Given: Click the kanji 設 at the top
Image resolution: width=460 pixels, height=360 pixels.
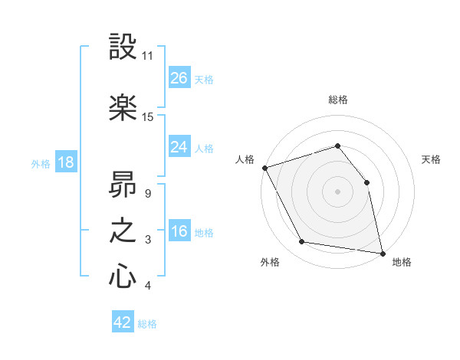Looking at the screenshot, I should coord(123,47).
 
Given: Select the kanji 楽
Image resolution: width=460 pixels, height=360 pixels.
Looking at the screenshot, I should coord(123,107).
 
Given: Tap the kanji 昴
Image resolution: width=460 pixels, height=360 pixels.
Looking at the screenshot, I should coord(123,184).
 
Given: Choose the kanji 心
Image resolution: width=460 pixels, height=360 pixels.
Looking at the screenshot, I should coord(123,277).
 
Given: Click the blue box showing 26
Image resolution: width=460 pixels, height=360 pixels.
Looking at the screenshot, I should coord(179,78).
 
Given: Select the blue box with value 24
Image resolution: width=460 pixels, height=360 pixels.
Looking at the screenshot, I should coord(179,146).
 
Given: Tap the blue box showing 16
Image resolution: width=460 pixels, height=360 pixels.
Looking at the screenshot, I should coord(179,232).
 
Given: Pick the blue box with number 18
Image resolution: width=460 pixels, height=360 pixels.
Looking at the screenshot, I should coord(65,162).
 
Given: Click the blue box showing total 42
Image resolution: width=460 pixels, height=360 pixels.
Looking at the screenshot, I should coord(123,323).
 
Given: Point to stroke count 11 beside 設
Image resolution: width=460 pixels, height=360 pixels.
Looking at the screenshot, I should coord(148,56).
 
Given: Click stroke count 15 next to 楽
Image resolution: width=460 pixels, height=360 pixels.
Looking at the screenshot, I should coord(148,117).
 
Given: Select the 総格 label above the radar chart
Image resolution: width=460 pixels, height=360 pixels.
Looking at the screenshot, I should coord(338,100).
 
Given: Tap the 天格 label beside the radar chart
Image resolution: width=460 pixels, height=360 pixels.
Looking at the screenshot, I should coord(432,159).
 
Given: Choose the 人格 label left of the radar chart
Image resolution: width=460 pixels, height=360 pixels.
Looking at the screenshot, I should coord(245,159).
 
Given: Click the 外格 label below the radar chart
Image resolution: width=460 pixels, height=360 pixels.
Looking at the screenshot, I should coord(270,263).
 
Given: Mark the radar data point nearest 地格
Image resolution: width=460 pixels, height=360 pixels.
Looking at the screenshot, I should coord(382,253).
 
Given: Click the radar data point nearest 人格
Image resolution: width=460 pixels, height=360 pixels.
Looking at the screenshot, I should coord(264,168).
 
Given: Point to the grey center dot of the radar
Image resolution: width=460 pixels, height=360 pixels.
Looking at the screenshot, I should coord(338,191).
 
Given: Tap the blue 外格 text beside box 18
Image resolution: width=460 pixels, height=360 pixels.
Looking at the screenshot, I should coord(41,163).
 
